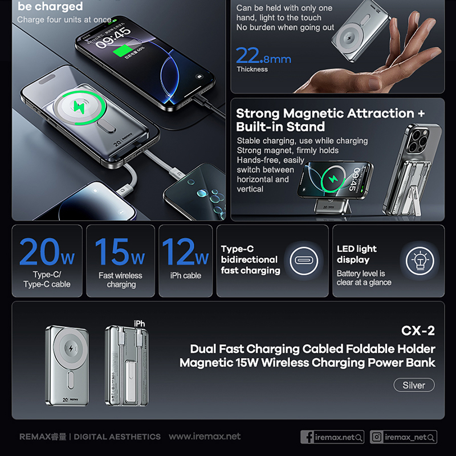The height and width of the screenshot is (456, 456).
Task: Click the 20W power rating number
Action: click(47, 252)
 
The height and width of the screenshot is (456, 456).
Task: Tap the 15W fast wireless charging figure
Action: click(120, 252)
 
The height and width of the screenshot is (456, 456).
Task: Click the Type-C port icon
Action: click(302, 262)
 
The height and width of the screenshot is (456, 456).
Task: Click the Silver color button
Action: click(414, 385)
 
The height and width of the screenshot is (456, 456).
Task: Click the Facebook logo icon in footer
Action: click(309, 437)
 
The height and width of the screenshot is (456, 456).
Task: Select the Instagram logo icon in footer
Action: click(377, 437)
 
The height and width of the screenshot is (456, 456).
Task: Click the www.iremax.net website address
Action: click(205, 437)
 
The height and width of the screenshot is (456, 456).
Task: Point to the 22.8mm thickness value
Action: click(263, 56)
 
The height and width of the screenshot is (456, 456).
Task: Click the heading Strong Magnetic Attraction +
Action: click(330, 113)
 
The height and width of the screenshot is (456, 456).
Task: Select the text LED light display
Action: click(357, 254)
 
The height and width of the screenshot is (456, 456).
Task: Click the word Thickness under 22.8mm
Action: click(252, 70)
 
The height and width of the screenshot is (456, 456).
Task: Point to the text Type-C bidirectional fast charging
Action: click(250, 260)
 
